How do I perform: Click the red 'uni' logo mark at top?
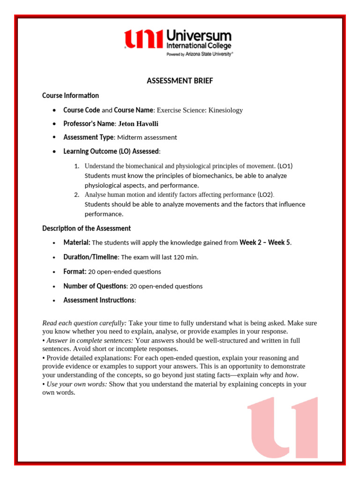[143, 39]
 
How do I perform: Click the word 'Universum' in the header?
[199, 36]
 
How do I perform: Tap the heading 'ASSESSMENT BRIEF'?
[180, 81]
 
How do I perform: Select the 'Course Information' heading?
[70, 96]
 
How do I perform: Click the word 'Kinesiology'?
[225, 110]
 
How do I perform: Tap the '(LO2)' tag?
[265, 195]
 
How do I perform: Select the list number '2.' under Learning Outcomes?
[77, 195]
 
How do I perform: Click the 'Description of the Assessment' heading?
[86, 228]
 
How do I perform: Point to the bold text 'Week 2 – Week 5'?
[265, 242]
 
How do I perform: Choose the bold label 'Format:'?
[75, 271]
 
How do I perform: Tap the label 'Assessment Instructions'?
[99, 300]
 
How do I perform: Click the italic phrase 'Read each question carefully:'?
[84, 323]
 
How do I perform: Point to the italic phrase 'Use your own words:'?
[77, 384]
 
